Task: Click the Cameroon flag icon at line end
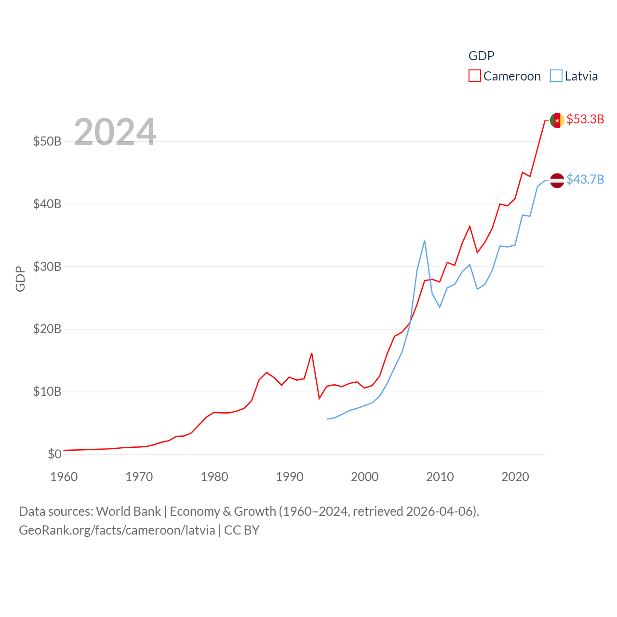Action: tap(557, 120)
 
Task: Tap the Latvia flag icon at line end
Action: tap(557, 180)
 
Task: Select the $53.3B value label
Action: tap(585, 119)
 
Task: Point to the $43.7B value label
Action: tap(585, 179)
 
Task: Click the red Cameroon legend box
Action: tap(474, 76)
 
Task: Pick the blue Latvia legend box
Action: tap(556, 76)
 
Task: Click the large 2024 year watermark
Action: tap(115, 132)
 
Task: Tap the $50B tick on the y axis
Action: tap(47, 141)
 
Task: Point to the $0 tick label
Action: tap(54, 454)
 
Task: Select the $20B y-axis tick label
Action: tap(47, 329)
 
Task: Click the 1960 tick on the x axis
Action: tap(64, 477)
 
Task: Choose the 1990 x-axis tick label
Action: tap(289, 477)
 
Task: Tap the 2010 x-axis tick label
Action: tap(440, 477)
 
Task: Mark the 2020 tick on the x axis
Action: tap(515, 477)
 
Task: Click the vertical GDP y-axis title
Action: tap(20, 279)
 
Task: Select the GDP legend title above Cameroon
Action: tap(481, 56)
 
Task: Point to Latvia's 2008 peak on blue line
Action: tap(424, 241)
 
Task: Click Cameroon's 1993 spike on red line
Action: tap(311, 353)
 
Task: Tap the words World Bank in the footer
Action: tap(128, 511)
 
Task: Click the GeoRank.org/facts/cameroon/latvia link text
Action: tap(117, 530)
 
